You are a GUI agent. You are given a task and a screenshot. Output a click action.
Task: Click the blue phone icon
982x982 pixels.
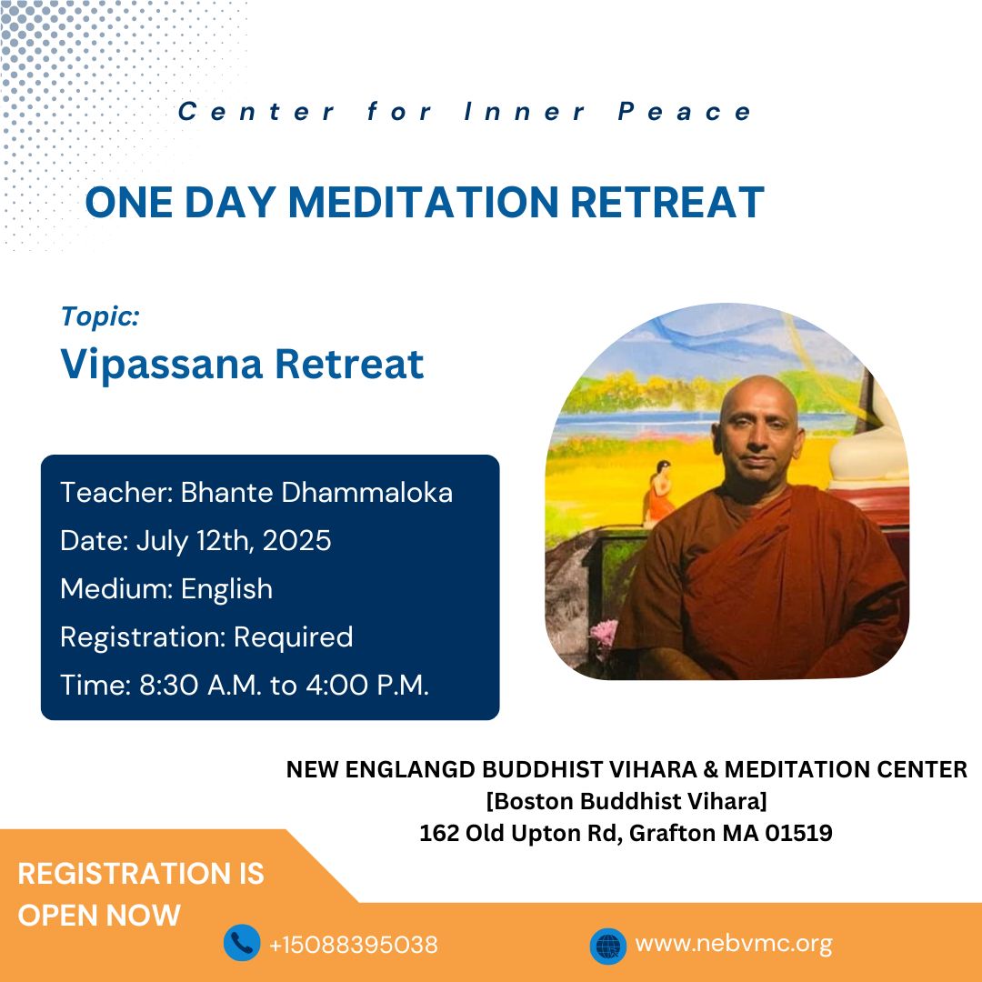(242, 943)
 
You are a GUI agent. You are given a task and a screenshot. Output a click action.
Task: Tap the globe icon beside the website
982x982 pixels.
(608, 946)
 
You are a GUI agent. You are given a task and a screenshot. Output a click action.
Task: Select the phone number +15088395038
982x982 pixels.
(353, 945)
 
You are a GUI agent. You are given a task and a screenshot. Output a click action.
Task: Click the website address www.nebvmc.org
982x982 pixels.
(734, 943)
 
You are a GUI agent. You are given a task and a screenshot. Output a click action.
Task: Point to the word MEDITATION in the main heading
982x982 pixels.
(423, 202)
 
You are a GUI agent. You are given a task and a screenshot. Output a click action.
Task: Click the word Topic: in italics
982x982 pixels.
(100, 316)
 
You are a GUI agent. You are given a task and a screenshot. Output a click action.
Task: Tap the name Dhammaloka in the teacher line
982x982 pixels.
(366, 492)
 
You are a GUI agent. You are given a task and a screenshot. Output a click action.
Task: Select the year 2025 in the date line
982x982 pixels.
(296, 540)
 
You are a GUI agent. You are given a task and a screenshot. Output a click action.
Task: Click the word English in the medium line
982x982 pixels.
(226, 589)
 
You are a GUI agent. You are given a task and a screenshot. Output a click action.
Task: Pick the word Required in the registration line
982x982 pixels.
(293, 637)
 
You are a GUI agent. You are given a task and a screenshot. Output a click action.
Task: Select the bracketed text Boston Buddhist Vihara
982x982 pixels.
(626, 801)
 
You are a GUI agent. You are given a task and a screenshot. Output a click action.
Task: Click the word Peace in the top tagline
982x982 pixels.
(684, 112)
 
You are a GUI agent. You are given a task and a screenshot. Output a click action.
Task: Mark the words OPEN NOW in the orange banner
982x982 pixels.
(99, 915)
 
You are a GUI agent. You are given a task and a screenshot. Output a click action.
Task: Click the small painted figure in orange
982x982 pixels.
(659, 492)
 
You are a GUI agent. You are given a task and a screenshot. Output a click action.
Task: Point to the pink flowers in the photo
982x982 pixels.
(605, 634)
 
